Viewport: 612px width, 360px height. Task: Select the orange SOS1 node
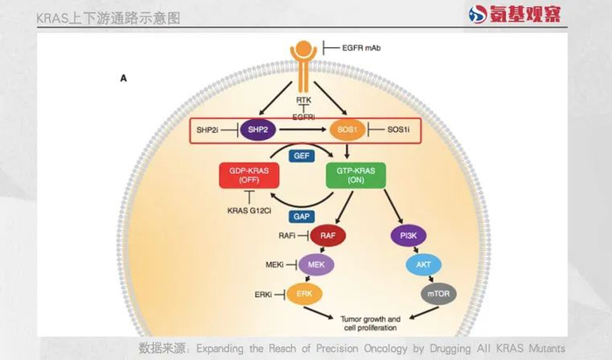pyautogui.click(x=346, y=130)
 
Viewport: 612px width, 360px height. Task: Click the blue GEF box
pyautogui.click(x=302, y=155)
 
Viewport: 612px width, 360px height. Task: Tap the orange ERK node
pyautogui.click(x=304, y=294)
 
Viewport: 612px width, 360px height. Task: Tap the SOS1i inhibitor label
pyautogui.click(x=398, y=130)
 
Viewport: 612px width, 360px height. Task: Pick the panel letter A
pyautogui.click(x=123, y=79)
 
